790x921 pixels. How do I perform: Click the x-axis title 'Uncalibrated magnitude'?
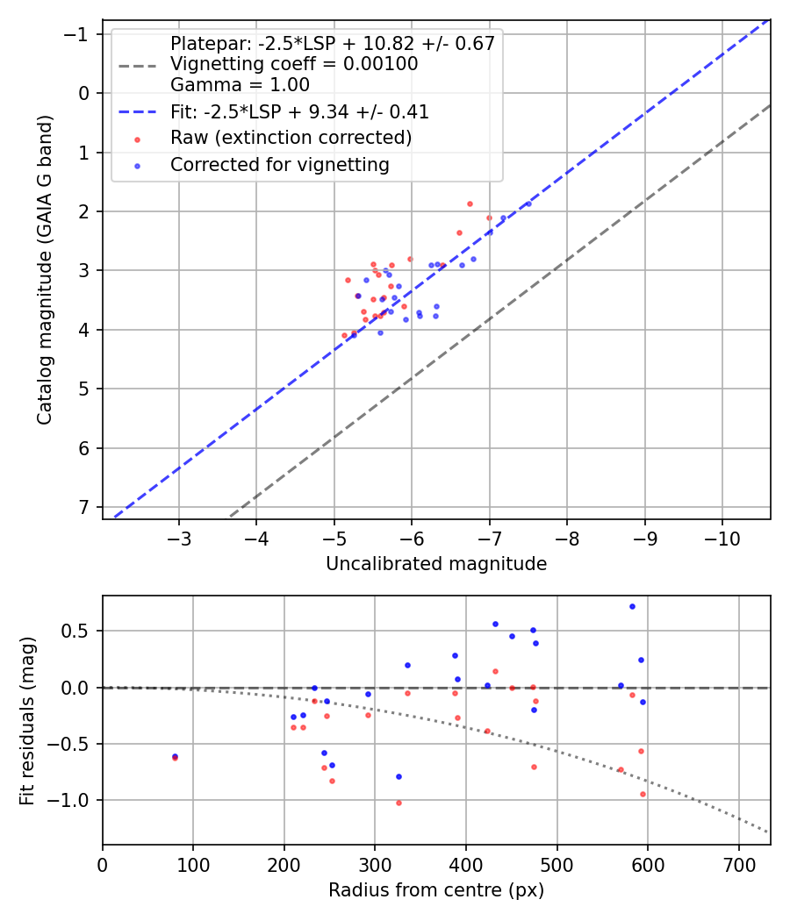436,564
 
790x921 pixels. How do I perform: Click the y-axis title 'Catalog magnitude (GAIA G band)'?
45,270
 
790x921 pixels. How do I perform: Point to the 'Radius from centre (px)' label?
436,890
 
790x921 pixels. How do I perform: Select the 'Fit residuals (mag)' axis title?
27,721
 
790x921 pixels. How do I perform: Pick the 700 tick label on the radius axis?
738,865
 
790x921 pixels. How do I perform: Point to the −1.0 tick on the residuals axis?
68,800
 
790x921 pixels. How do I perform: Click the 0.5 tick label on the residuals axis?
75,631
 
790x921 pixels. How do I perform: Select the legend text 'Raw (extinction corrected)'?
291,138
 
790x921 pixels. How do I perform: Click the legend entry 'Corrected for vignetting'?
280,165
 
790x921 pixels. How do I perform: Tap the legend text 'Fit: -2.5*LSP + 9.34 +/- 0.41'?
300,111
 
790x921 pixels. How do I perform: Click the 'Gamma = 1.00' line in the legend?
240,84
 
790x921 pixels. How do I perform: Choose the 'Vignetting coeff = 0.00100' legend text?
294,64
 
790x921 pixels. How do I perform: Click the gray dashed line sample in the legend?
138,65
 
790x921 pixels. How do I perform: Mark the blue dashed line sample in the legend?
138,111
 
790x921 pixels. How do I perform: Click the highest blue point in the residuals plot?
633,607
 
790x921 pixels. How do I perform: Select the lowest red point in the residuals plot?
399,803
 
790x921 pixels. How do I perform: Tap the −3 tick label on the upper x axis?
179,539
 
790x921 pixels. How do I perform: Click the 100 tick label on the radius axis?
193,865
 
